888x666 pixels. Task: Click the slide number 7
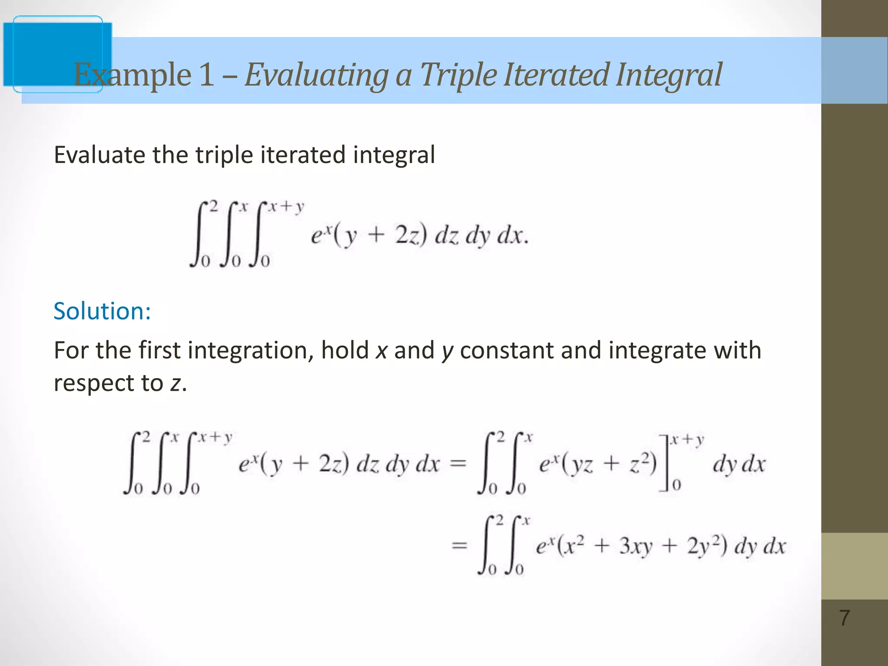pyautogui.click(x=844, y=618)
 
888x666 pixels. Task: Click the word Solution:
pyautogui.click(x=102, y=311)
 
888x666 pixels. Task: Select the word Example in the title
pyautogui.click(x=133, y=75)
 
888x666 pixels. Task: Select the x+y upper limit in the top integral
pyautogui.click(x=285, y=207)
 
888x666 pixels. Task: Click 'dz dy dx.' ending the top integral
pyautogui.click(x=481, y=237)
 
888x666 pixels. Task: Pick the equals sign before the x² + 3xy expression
pyautogui.click(x=459, y=545)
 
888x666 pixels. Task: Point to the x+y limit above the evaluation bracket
pyautogui.click(x=687, y=440)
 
